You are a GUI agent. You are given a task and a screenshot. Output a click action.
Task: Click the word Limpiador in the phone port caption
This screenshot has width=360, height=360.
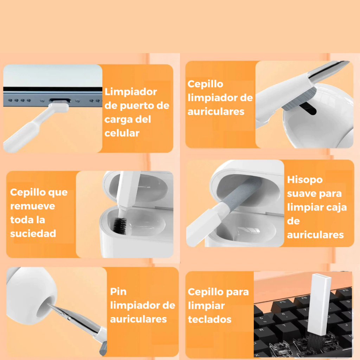click(x=131, y=92)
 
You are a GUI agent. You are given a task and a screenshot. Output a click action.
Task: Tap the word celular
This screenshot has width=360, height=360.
click(x=122, y=133)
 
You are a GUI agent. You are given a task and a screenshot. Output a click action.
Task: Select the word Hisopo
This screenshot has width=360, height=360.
click(x=305, y=180)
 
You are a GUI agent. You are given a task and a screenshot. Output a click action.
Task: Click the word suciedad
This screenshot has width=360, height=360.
click(x=33, y=233)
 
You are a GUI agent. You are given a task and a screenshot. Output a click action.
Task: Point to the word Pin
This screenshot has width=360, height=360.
click(x=118, y=291)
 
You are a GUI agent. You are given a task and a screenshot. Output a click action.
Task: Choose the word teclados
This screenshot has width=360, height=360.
click(x=210, y=319)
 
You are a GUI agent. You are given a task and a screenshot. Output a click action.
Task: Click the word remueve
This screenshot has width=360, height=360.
click(x=33, y=206)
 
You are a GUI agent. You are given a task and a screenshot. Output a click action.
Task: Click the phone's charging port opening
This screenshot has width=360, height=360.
click(x=60, y=100)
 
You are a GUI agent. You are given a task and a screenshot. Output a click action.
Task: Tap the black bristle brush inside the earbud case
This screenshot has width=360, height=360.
click(x=120, y=225)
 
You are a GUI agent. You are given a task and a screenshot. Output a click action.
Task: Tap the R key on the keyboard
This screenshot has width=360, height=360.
click(x=262, y=330)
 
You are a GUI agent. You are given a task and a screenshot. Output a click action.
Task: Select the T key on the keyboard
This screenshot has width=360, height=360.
click(x=285, y=325)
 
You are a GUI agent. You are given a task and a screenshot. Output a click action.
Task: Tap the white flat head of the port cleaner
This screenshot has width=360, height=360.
click(x=59, y=107)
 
